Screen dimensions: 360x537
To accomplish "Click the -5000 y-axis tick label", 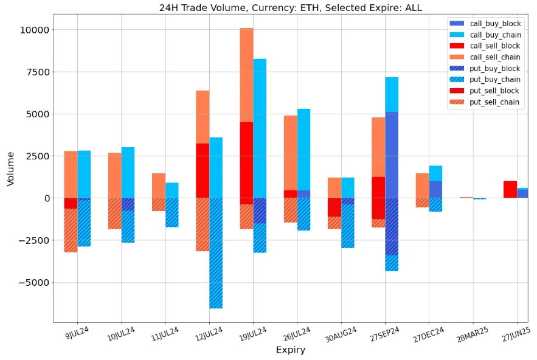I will pos(33,282).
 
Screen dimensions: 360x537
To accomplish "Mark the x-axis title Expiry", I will pos(290,350).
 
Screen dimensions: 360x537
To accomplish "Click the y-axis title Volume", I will pos(10,168).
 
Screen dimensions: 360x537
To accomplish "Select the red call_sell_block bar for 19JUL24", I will pos(246,160).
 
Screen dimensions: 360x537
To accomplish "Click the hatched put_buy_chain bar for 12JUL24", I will pos(216,253).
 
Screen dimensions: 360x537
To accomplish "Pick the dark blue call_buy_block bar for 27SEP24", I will pos(392,155).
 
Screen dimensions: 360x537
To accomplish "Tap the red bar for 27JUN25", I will pos(510,190).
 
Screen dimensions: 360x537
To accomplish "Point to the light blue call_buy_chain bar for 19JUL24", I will pos(260,128).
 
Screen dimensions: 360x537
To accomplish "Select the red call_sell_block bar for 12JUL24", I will pos(203,170).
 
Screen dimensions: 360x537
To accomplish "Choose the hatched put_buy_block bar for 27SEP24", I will pos(392,226).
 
